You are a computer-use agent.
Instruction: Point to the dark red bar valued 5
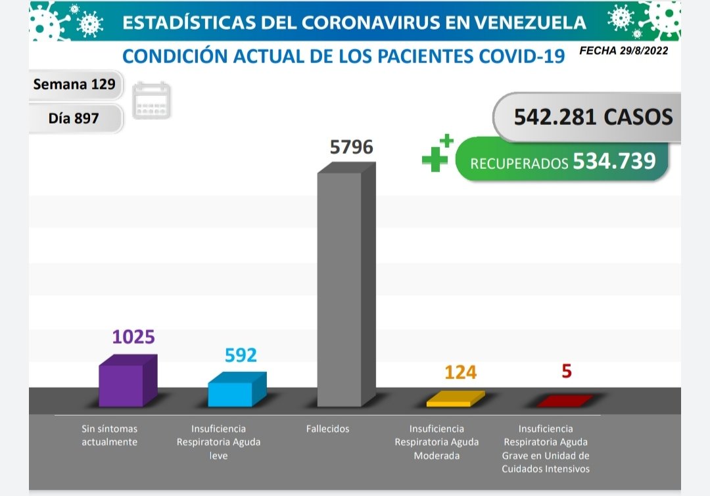click(x=564, y=400)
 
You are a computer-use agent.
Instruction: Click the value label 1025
click(x=133, y=337)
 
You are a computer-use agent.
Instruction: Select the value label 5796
click(x=351, y=147)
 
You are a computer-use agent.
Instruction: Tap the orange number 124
click(x=460, y=372)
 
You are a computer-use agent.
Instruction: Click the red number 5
click(x=567, y=371)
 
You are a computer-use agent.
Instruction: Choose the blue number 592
click(x=241, y=355)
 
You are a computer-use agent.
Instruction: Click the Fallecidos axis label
click(x=327, y=429)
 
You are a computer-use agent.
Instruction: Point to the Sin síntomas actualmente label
click(x=109, y=436)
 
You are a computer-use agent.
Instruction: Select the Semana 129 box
click(x=74, y=84)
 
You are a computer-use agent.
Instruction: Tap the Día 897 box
click(x=74, y=119)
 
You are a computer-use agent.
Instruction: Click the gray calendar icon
click(x=151, y=101)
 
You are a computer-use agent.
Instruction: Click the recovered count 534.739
click(x=614, y=161)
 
